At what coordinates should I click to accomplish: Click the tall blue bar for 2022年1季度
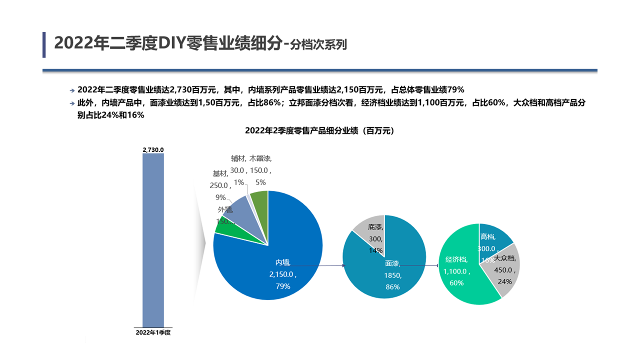coord(153,240)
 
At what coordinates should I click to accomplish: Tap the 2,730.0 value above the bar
coord(153,149)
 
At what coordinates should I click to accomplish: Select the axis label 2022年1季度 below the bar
coord(153,332)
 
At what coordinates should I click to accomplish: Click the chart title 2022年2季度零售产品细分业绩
coord(320,131)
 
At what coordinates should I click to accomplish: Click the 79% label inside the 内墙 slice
coord(283,286)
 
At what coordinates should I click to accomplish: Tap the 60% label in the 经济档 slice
coord(456,283)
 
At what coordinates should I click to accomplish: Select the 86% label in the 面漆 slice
coord(392,287)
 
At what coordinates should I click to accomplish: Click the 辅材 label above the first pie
coord(238,158)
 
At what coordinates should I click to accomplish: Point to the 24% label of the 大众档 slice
coord(504,281)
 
